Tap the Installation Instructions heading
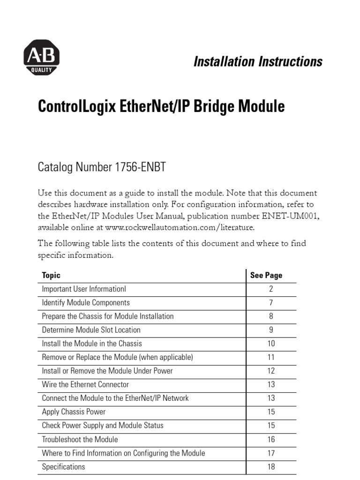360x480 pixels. tap(258, 61)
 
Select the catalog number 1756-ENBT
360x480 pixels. tap(140, 167)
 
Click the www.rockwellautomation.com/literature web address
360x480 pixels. tap(180, 227)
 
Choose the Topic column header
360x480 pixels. tap(51, 275)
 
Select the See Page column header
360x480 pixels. tap(266, 275)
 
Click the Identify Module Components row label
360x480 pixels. tap(86, 303)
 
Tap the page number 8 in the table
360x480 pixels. tap(271, 316)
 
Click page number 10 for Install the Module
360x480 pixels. tap(271, 344)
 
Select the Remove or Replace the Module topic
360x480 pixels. tap(117, 357)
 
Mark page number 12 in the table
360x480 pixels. tap(271, 371)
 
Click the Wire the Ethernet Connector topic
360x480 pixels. tap(85, 384)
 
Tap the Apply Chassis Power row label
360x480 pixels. tap(74, 412)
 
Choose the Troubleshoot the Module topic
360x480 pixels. tap(80, 440)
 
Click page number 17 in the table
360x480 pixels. tap(271, 453)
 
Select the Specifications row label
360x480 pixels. tap(63, 467)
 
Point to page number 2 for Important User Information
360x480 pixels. tap(271, 289)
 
